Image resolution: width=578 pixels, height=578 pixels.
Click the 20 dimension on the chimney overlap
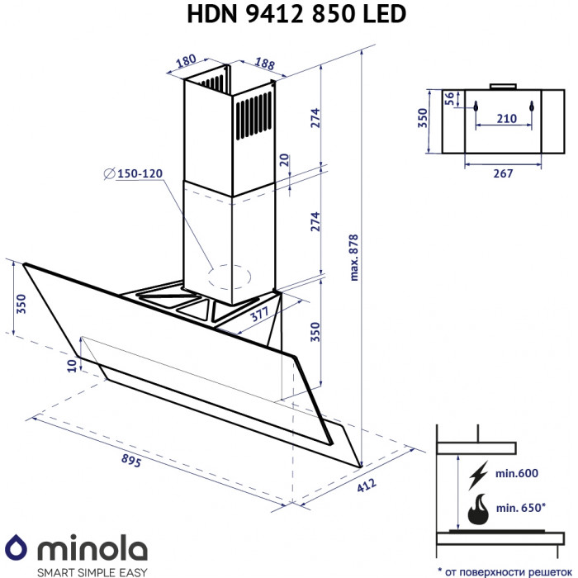pyautogui.click(x=284, y=159)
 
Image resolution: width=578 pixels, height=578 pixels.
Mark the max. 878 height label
pyautogui.click(x=354, y=255)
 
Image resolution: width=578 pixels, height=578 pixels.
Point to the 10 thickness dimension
pyautogui.click(x=72, y=365)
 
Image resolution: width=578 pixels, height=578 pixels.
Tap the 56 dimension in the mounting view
pyautogui.click(x=449, y=98)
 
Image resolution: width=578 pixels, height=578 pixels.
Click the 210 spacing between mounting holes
pyautogui.click(x=506, y=119)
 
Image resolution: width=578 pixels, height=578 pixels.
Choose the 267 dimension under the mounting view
pyautogui.click(x=503, y=173)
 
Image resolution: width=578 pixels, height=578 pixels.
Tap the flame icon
pyautogui.click(x=478, y=510)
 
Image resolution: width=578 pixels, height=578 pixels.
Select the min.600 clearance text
pyautogui.click(x=517, y=474)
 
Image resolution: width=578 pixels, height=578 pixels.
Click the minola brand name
pyautogui.click(x=91, y=548)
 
